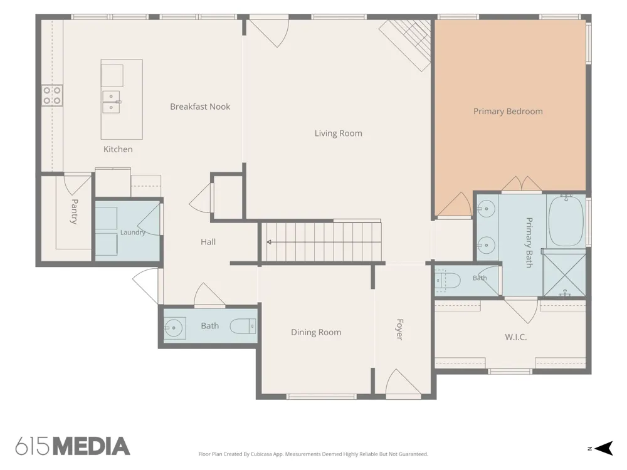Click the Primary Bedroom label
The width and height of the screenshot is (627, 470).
[x=508, y=112]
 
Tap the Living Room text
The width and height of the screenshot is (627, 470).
[x=339, y=133]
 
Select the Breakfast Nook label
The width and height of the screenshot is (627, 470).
[x=200, y=107]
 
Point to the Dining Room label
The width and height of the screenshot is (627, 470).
[x=316, y=333]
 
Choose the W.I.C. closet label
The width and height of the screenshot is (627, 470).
[x=515, y=337]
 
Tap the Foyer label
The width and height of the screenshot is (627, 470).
[x=399, y=330]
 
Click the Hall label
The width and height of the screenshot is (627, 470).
[x=208, y=242]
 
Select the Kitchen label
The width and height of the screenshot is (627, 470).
[x=118, y=150]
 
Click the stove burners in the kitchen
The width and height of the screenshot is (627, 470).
[x=52, y=95]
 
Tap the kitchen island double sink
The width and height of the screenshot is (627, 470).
[x=112, y=102]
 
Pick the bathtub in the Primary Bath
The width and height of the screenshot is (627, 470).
[x=566, y=221]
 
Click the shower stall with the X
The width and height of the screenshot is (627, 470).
[x=564, y=274]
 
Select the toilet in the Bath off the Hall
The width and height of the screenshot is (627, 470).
[x=243, y=326]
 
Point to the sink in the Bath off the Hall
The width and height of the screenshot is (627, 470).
[x=175, y=328]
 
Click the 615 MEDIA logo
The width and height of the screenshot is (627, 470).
[x=73, y=446]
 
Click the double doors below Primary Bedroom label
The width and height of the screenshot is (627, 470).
[x=522, y=184]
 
